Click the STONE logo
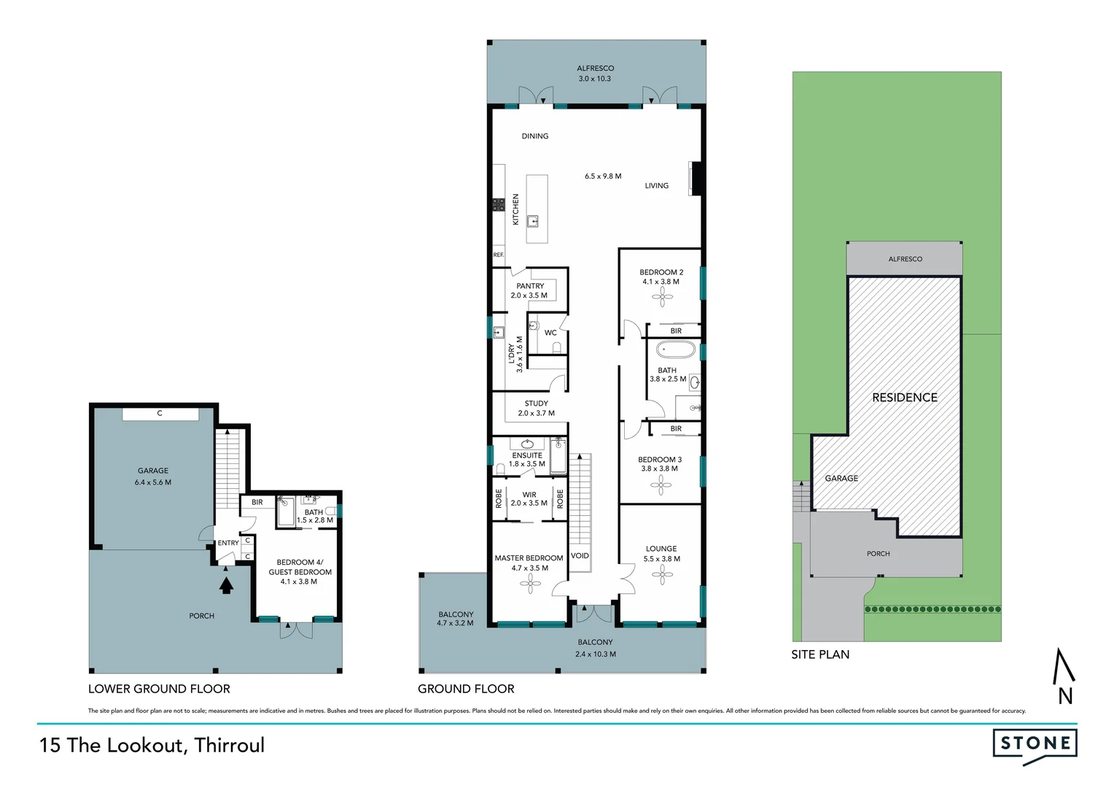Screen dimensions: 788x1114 click(x=1035, y=744)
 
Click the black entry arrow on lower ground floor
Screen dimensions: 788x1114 click(x=226, y=584)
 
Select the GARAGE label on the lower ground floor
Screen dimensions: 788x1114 click(x=153, y=471)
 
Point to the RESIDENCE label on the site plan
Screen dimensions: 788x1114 click(x=905, y=398)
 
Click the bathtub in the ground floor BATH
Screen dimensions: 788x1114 click(x=677, y=349)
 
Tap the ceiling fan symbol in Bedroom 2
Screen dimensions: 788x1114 click(x=662, y=296)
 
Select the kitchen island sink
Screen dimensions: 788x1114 click(x=534, y=220)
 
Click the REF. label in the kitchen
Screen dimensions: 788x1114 click(x=499, y=255)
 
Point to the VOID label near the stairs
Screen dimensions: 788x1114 click(x=580, y=556)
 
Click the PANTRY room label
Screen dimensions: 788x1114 click(x=530, y=286)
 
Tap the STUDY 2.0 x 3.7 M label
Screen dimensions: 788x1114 click(x=536, y=409)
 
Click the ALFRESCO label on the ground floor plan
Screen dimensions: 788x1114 click(x=596, y=69)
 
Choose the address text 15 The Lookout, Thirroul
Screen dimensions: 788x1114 click(x=152, y=745)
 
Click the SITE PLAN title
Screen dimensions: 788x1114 click(x=820, y=654)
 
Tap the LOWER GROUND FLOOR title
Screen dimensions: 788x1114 click(x=159, y=689)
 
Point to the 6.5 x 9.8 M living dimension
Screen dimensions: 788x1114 click(x=603, y=177)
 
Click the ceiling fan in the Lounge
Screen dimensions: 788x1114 click(x=662, y=575)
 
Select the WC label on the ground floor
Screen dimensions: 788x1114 click(x=550, y=333)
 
